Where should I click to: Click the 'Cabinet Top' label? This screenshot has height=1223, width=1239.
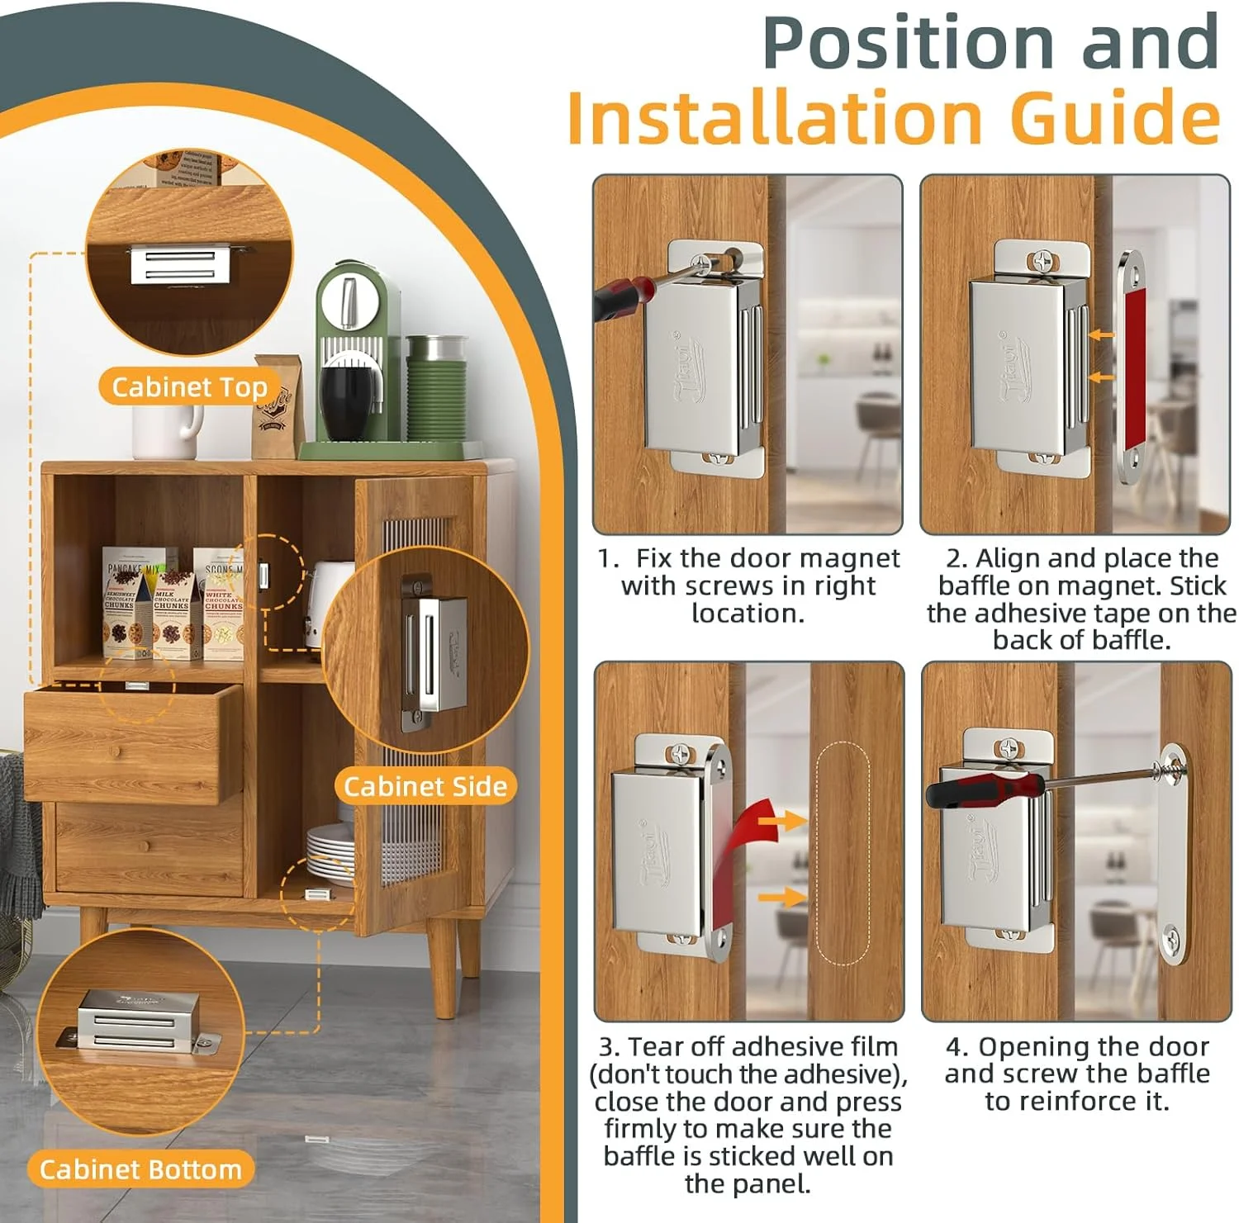click(x=189, y=387)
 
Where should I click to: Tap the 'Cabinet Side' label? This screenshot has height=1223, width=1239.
click(x=425, y=786)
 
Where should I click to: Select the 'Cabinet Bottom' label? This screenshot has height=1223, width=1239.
click(x=140, y=1169)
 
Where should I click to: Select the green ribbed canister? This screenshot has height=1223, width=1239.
click(x=436, y=388)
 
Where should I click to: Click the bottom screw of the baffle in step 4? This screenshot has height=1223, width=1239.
click(x=1172, y=937)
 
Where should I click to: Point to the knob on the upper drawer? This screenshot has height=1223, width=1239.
click(x=113, y=752)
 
